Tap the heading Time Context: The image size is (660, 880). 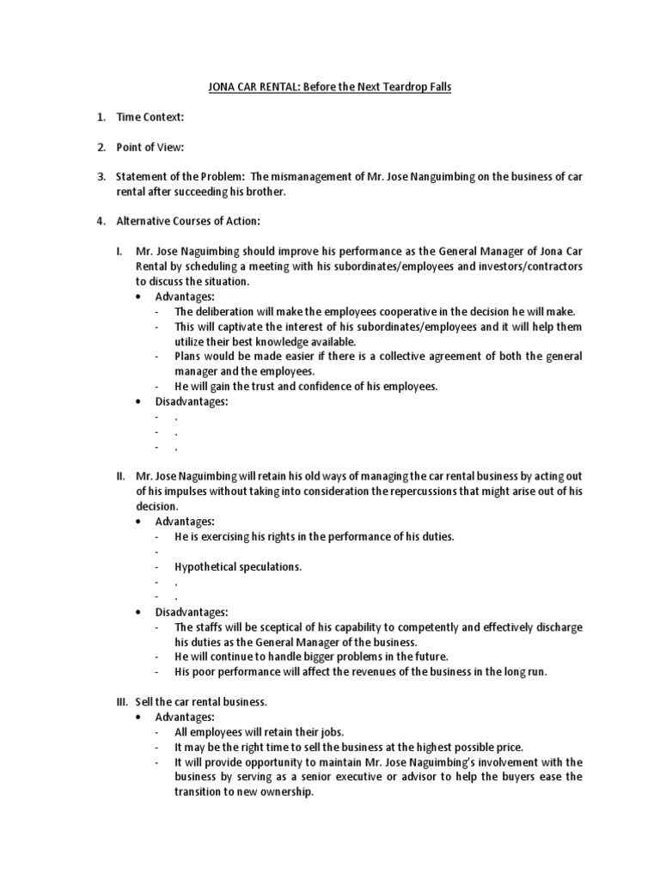150,117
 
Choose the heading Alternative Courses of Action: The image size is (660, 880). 187,221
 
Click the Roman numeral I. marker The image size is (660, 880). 119,252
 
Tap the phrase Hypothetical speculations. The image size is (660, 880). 238,566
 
